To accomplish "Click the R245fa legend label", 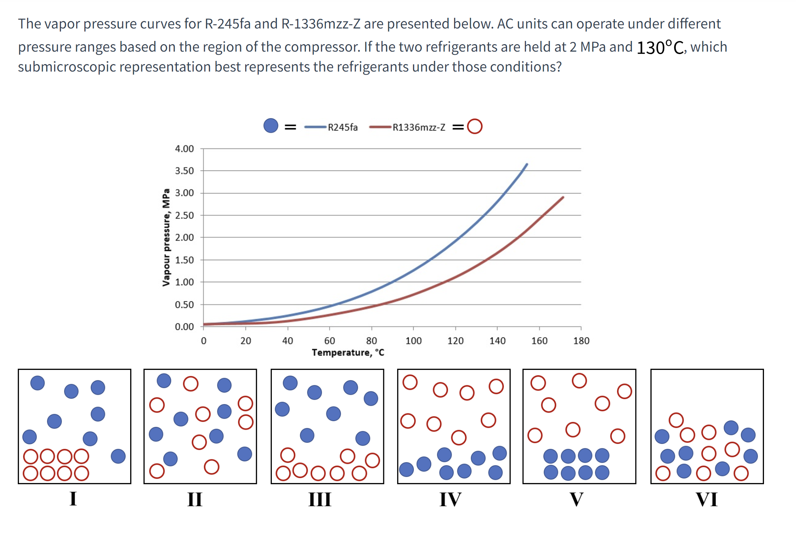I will pos(342,127).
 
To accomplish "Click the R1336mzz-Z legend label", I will pos(418,127).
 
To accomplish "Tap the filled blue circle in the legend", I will pos(271,126).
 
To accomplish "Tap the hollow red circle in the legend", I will pos(474,126).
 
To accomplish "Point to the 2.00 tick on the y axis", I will pos(184,237).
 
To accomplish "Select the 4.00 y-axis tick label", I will pos(184,149).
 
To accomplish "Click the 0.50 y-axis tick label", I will pos(184,305).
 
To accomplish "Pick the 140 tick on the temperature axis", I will pos(497,341).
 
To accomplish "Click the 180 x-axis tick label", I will pos(581,341).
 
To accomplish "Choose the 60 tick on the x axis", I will pos(330,341).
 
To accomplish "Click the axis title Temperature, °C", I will pos(348,352).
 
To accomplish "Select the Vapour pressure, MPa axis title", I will pos(166,237).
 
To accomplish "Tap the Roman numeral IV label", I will pos(450,499).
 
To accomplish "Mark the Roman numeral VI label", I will pos(706,499).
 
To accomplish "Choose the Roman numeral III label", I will pos(320,499).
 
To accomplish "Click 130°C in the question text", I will pos(660,47).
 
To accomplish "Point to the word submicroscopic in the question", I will pos(67,67).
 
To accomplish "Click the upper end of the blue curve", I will pos(527,164).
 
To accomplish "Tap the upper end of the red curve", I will pos(563,197).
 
